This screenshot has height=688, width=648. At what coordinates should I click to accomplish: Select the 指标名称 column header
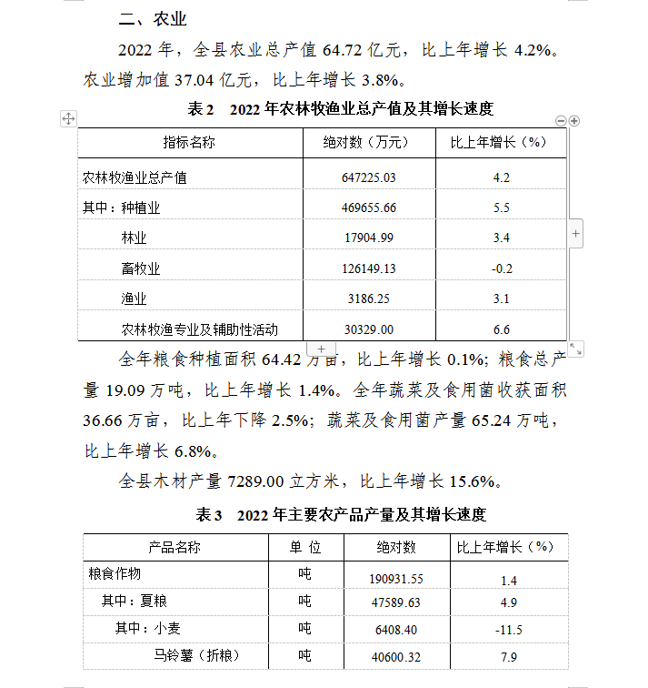pos(189,142)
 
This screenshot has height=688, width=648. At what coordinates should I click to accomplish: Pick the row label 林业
pos(134,238)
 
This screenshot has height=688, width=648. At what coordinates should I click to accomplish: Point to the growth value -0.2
pos(501,268)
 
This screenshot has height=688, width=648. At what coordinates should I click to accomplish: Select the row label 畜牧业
pos(140,268)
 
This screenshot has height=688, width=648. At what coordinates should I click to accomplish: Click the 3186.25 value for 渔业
pos(370,298)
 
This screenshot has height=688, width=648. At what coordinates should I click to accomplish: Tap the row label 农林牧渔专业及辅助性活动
pos(199,329)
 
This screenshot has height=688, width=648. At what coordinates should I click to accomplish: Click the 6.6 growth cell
pos(501,329)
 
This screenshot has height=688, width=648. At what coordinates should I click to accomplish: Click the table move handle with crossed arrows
pos(68,118)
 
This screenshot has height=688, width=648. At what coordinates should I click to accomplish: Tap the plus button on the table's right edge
pos(576,234)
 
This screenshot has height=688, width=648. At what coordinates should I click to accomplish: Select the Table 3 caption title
pos(342,515)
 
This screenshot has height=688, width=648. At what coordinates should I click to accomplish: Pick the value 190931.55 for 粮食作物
pos(396,578)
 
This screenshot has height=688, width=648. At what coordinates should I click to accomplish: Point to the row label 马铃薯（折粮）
pos(194,655)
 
